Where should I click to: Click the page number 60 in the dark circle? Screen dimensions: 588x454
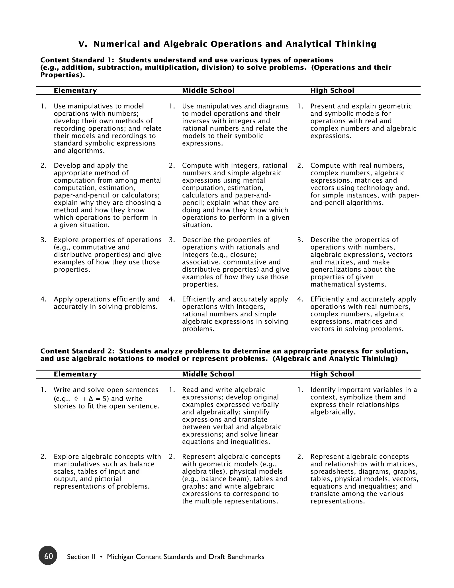click(x=48, y=556)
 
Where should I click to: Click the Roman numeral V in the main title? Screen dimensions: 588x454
click(x=82, y=44)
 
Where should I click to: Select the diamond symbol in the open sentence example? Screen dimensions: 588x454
click(x=76, y=399)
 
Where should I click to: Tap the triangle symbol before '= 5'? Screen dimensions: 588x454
click(x=91, y=399)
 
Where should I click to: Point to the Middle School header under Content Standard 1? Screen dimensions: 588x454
click(x=208, y=91)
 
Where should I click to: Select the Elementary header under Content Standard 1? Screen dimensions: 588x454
click(x=75, y=91)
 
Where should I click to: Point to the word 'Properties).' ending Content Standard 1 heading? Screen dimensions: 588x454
click(x=62, y=75)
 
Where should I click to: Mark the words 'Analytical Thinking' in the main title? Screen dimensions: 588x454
click(x=331, y=44)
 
